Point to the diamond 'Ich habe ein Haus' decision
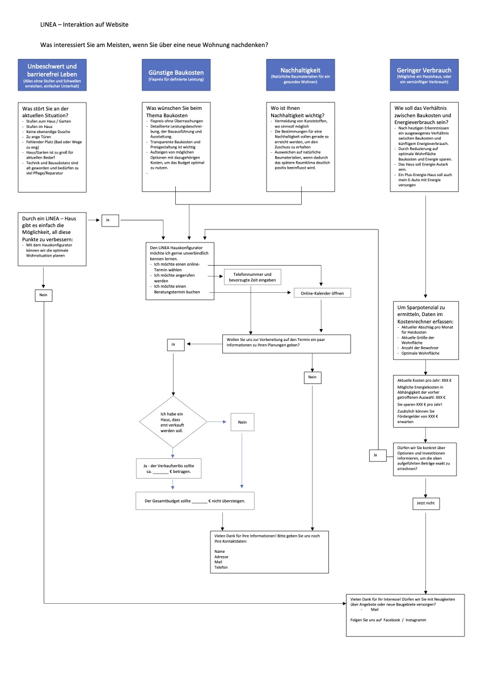(173, 422)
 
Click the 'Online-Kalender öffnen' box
(322, 293)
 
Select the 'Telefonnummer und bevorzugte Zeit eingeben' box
(253, 277)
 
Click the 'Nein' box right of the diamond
(242, 422)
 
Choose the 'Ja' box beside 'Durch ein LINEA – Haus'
(111, 219)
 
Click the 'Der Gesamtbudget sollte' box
(195, 501)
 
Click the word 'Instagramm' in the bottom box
(416, 620)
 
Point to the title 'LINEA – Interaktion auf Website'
(85, 25)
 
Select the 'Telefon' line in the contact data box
(221, 567)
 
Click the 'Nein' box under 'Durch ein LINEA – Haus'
(43, 295)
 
